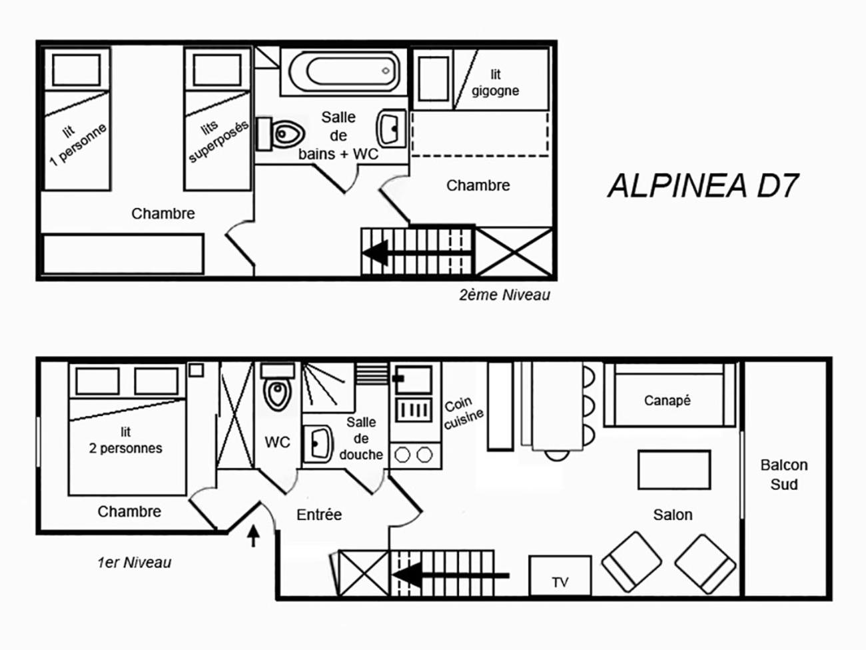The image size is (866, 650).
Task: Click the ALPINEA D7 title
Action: [703, 185]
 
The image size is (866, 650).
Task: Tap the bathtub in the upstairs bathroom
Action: [344, 71]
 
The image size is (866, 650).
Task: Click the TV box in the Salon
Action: [560, 576]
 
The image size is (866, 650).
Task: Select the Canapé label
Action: [667, 401]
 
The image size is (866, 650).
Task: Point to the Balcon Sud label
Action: [784, 475]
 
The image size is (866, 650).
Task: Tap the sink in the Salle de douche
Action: [318, 443]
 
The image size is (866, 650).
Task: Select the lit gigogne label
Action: [495, 83]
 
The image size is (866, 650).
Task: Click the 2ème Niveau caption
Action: [504, 295]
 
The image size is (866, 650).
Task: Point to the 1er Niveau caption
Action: [135, 563]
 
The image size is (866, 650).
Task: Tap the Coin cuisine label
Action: [463, 413]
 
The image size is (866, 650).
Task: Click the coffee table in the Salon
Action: [674, 469]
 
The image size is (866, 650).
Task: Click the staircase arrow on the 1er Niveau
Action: [450, 576]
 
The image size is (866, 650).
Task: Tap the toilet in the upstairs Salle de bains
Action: [280, 133]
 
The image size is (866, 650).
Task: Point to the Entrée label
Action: [319, 515]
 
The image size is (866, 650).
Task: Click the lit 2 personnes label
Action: [125, 440]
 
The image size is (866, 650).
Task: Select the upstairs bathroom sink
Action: [391, 128]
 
